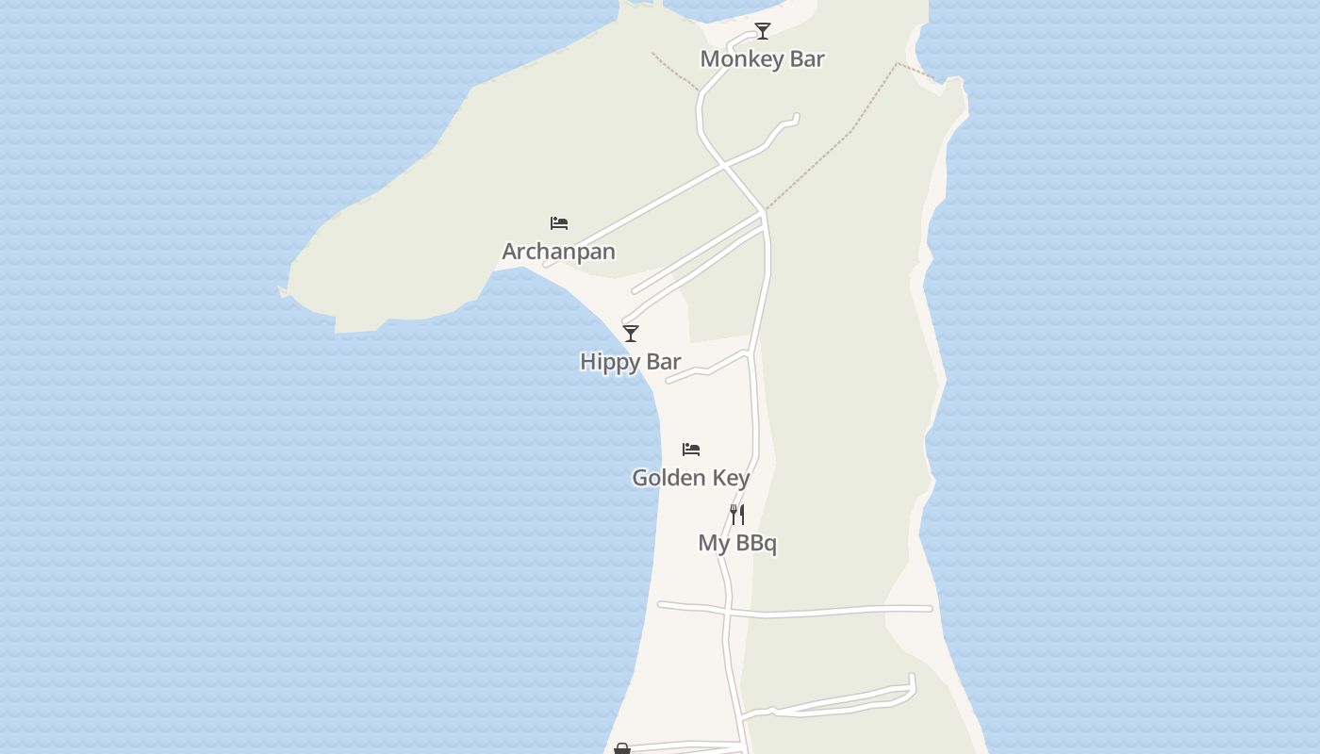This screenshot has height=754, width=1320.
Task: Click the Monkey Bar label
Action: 762,59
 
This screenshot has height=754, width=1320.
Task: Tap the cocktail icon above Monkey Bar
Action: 763,31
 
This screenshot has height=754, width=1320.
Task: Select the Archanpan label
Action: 558,252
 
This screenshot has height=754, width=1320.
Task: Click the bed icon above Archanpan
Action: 559,223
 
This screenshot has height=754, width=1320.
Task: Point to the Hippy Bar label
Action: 630,362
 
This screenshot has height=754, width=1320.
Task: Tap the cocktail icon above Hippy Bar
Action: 631,334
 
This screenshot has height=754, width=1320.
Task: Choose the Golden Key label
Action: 690,478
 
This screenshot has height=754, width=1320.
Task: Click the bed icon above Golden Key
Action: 691,450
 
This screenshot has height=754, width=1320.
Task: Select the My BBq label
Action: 737,543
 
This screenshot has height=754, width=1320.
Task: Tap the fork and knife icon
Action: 737,515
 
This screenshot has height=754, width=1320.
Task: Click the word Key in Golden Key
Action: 732,479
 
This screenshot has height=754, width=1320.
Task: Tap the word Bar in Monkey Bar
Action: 806,59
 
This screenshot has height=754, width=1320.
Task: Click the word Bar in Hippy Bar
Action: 664,362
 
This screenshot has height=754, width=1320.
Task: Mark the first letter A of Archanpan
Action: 510,252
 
